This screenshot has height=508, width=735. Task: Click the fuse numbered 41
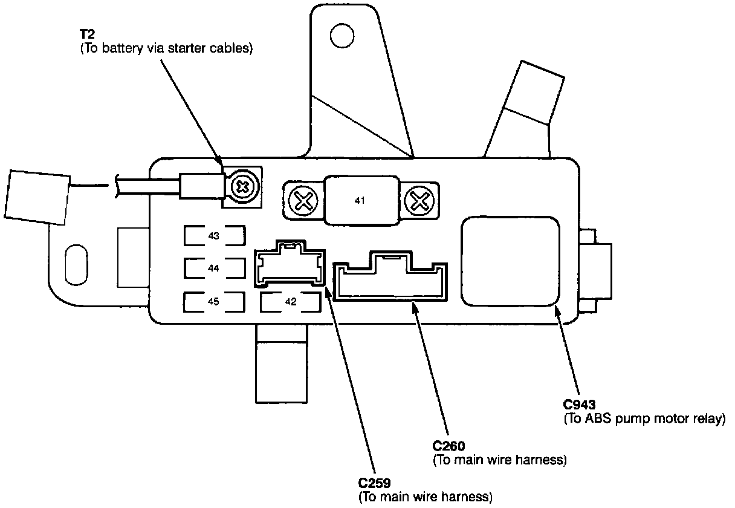(x=360, y=200)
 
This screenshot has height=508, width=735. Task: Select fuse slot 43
(x=214, y=235)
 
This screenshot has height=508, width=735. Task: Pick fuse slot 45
(x=214, y=301)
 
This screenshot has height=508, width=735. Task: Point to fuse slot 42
(x=291, y=302)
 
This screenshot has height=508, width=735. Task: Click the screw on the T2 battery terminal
(x=243, y=186)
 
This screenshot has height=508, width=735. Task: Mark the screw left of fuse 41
(x=300, y=199)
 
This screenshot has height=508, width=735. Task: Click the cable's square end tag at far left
(x=37, y=197)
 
